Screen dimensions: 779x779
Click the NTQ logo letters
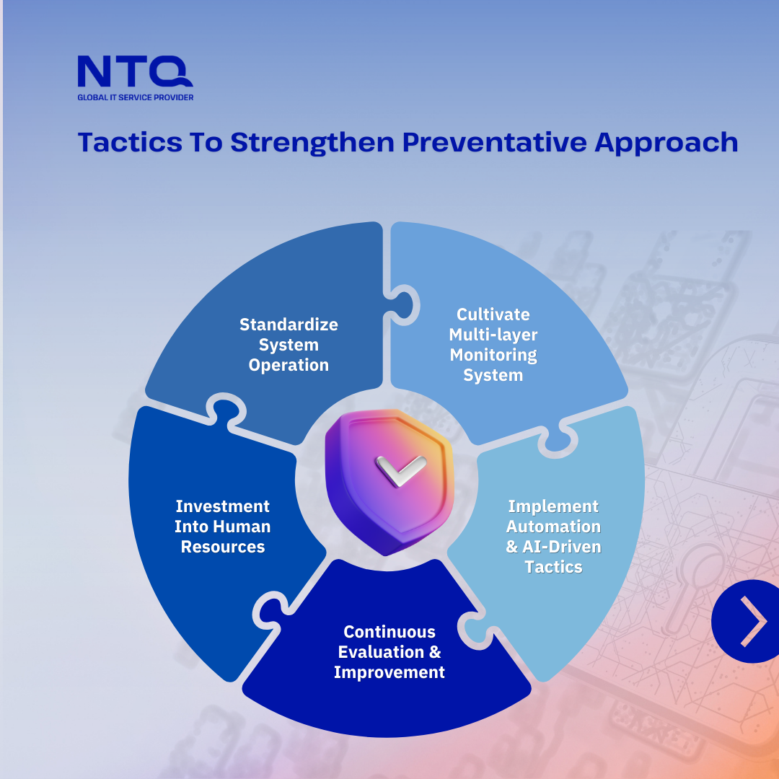tap(135, 71)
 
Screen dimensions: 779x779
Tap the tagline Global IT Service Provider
tap(135, 97)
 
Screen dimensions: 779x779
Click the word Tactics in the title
tap(130, 142)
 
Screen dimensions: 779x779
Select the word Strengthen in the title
tap(312, 143)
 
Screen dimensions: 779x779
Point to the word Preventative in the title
tap(495, 142)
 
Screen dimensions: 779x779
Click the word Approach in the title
tap(666, 143)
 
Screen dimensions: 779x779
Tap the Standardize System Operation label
tap(289, 345)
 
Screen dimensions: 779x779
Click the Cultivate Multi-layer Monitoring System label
tap(493, 345)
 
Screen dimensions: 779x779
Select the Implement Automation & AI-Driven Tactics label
tap(553, 537)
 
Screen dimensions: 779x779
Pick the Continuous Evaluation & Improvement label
tap(389, 652)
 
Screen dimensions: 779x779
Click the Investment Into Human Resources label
tap(223, 527)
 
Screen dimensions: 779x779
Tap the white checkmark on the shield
tap(400, 470)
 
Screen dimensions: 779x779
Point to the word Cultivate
tap(493, 314)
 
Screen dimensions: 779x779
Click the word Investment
tap(223, 506)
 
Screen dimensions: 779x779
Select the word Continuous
tap(389, 632)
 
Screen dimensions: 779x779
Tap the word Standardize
tap(289, 325)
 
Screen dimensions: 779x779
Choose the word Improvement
tap(389, 673)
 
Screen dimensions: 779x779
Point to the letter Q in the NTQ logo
tap(171, 71)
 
